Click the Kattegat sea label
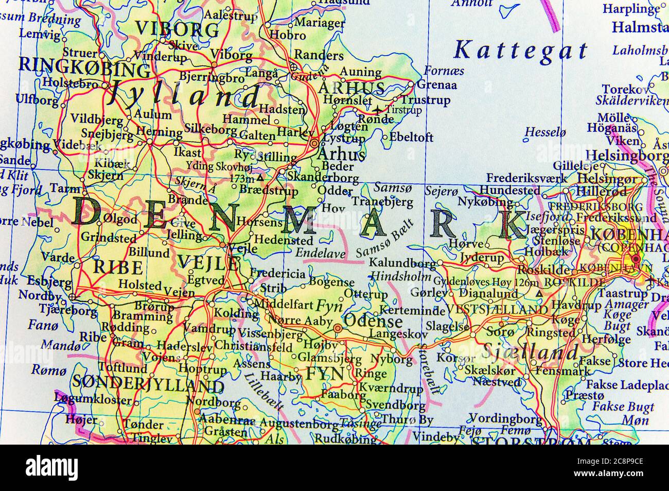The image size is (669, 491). click(521, 50)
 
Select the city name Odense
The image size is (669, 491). click(373, 321)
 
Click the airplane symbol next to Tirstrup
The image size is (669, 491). click(378, 110)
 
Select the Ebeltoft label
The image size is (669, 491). click(412, 137)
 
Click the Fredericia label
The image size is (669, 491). click(278, 274)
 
